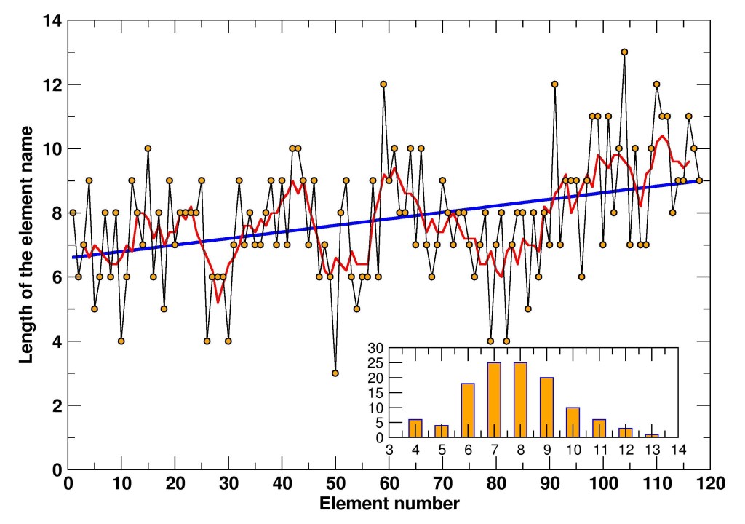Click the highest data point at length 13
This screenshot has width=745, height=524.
point(624,52)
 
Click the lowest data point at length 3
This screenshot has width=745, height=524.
point(335,373)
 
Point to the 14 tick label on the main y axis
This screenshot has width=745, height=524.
point(50,21)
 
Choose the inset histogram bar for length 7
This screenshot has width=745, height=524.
point(494,400)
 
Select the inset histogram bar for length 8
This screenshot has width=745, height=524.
point(520,400)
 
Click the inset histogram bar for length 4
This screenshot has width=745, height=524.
point(415,429)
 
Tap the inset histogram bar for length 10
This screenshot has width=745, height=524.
point(573,423)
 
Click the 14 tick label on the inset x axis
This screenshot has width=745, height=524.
point(678,450)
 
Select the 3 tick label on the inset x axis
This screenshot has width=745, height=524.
point(389,450)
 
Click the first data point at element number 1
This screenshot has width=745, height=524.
point(73,213)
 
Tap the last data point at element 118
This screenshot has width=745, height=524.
point(699,180)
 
